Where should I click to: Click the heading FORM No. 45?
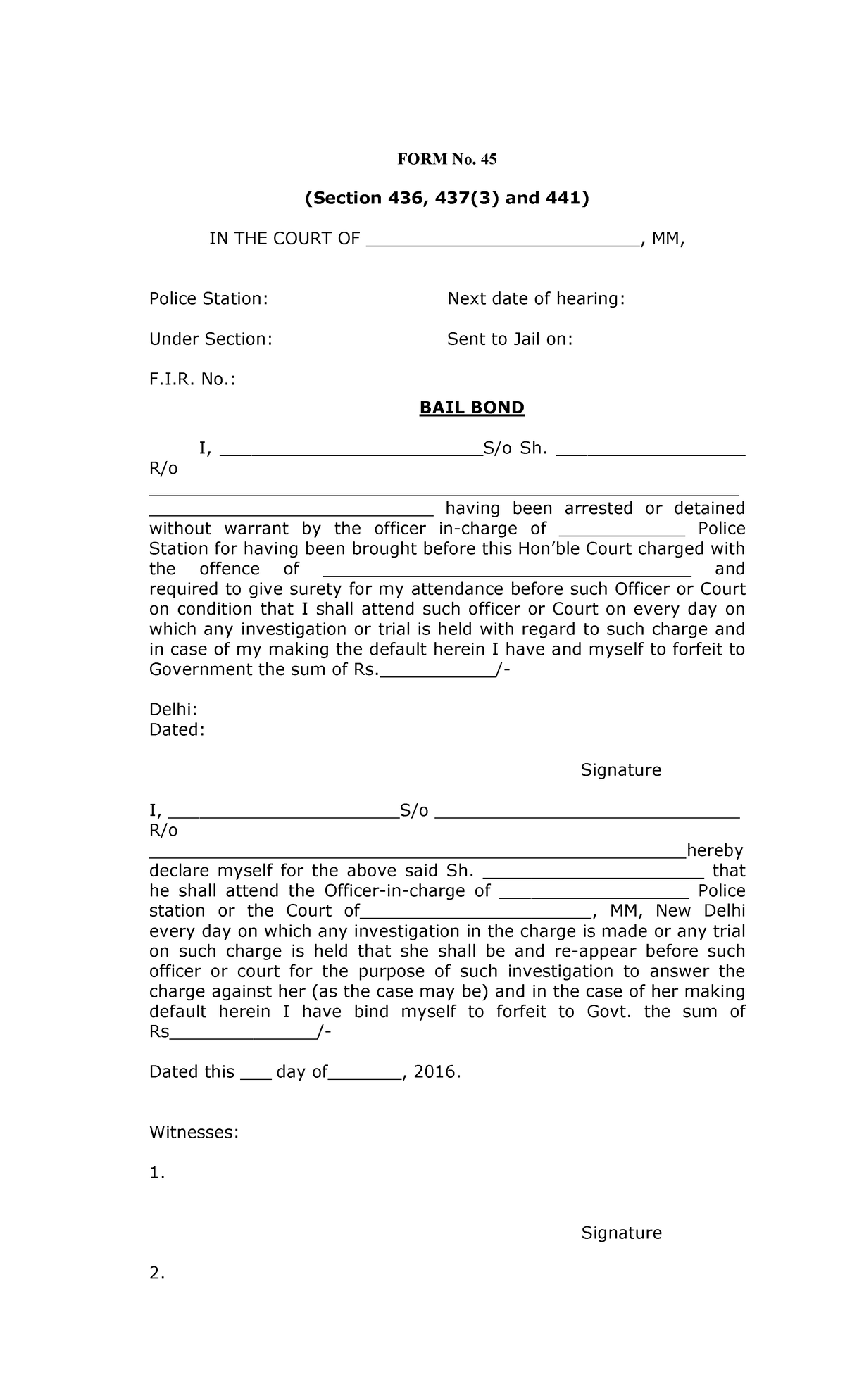point(447,159)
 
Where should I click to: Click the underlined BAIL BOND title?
point(472,408)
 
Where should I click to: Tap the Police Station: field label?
point(208,299)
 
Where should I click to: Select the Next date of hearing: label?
point(536,299)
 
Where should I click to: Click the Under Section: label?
point(210,339)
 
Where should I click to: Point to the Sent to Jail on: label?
point(510,339)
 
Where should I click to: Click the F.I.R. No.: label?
point(192,379)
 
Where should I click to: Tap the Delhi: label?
point(173,709)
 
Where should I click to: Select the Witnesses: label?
point(194,1133)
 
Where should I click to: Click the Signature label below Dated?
point(620,770)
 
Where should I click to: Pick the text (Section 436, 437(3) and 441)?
point(446,199)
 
